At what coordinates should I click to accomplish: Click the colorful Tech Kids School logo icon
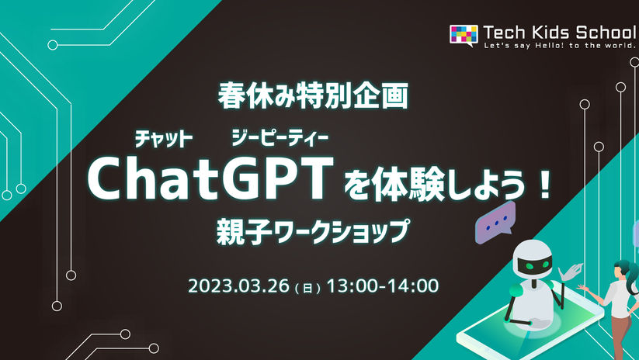[x=464, y=35]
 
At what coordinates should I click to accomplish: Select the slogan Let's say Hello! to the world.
[x=560, y=46]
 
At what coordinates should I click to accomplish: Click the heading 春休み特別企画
[x=313, y=96]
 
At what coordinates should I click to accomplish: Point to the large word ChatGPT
[x=210, y=178]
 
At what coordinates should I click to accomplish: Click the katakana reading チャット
[x=163, y=140]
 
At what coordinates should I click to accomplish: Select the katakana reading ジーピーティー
[x=280, y=138]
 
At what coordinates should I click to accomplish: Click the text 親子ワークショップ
[x=313, y=231]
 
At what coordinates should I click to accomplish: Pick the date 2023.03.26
[x=238, y=286]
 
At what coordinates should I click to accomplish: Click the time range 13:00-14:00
[x=383, y=286]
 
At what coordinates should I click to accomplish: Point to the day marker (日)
[x=307, y=288]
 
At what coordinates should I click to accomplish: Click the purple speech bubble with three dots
[x=495, y=222]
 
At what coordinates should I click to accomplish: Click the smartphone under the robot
[x=530, y=326]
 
